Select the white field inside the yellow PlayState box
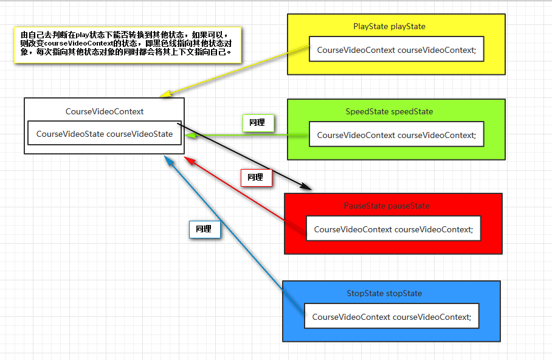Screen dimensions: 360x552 coord(396,50)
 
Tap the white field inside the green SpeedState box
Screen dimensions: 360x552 coord(396,135)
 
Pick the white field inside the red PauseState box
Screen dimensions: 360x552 coord(393,229)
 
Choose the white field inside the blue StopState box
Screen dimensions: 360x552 coord(391,317)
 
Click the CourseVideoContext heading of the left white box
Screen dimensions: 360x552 coord(105,112)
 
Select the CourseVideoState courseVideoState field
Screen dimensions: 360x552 coord(105,134)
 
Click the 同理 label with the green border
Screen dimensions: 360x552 coord(257,123)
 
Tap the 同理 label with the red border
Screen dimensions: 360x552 coord(256,178)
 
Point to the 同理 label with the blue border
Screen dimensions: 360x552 coord(204,229)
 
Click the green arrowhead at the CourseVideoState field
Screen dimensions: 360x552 coord(189,136)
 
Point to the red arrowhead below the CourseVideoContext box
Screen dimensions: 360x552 coord(188,160)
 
